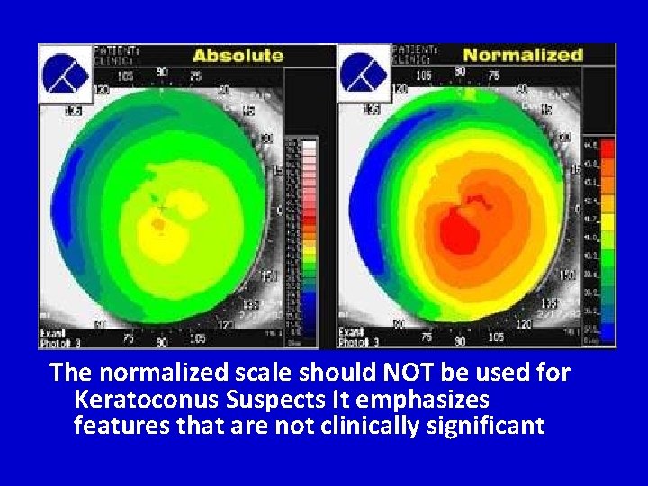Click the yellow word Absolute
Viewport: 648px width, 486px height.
(x=238, y=55)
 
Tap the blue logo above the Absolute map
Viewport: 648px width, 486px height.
(x=66, y=73)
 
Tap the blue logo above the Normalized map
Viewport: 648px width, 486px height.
(x=364, y=73)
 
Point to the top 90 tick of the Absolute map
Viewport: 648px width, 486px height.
(x=162, y=71)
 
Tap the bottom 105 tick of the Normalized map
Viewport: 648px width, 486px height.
(x=495, y=337)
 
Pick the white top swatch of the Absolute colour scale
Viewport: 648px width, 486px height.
(x=308, y=144)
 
